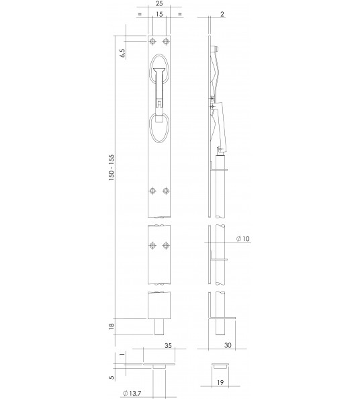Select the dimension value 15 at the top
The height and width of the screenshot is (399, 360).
pyautogui.click(x=159, y=14)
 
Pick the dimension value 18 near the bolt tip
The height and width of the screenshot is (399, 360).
pyautogui.click(x=112, y=327)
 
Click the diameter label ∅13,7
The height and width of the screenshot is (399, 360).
pyautogui.click(x=132, y=393)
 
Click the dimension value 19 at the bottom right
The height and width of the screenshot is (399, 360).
pyautogui.click(x=220, y=386)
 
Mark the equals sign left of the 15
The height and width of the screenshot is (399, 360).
pyautogui.click(x=139, y=14)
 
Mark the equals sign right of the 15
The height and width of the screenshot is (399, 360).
pyautogui.click(x=179, y=14)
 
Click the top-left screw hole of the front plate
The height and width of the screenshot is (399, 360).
pyautogui.click(x=153, y=42)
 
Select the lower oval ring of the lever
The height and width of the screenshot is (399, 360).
pyautogui.click(x=160, y=128)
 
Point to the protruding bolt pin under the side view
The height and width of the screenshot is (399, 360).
pyautogui.click(x=219, y=329)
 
